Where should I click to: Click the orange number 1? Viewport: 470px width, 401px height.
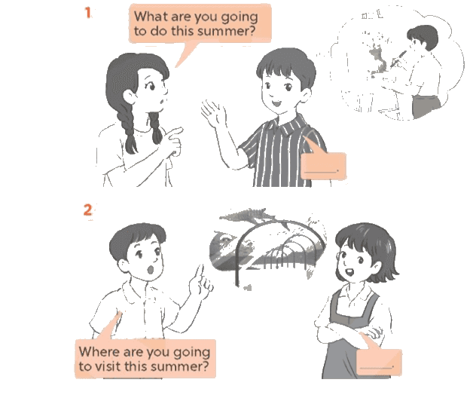click(88, 13)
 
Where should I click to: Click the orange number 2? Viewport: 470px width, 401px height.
click(87, 210)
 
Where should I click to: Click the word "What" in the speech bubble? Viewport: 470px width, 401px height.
click(151, 17)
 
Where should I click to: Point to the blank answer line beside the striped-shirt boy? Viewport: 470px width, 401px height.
click(322, 172)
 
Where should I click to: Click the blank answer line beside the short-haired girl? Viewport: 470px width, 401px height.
click(377, 367)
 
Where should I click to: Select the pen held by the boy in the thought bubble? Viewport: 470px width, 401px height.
click(398, 59)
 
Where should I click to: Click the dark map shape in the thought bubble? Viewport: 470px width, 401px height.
click(378, 59)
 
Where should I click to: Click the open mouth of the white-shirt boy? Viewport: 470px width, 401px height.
click(150, 269)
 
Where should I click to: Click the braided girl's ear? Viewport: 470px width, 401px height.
click(130, 96)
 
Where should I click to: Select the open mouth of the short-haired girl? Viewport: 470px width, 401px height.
click(349, 272)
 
